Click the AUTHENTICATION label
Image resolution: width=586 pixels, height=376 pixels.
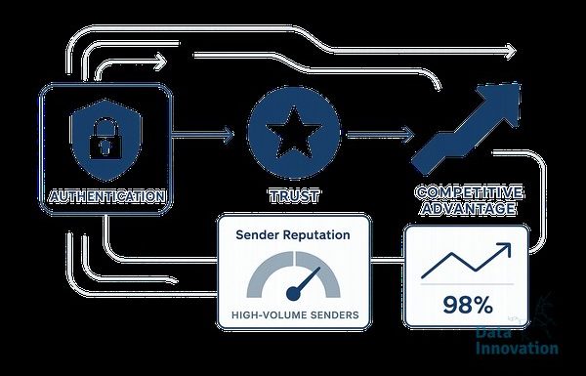(x=107, y=196)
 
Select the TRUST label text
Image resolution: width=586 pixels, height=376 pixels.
(x=294, y=196)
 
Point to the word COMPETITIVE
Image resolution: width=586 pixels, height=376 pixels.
(x=469, y=192)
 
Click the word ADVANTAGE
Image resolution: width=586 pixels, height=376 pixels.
(x=468, y=209)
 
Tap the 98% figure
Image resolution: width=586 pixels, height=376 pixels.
(x=468, y=305)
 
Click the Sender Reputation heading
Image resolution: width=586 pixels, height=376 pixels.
(x=293, y=234)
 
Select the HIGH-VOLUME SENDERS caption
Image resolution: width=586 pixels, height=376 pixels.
(x=295, y=314)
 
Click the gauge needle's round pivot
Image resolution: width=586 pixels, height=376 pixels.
(x=293, y=294)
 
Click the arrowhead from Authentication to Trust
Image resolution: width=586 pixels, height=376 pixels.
(x=229, y=134)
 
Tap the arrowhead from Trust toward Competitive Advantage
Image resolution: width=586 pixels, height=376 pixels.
(x=408, y=135)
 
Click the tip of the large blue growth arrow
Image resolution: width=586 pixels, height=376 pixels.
(x=520, y=84)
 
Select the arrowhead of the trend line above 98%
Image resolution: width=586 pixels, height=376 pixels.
(x=505, y=248)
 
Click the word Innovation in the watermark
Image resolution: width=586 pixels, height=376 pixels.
(x=517, y=348)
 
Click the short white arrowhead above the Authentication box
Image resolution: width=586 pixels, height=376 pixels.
(x=161, y=62)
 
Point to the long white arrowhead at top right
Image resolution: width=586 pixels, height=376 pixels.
(x=511, y=51)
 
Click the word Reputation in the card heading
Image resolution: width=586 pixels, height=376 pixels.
(x=316, y=235)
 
